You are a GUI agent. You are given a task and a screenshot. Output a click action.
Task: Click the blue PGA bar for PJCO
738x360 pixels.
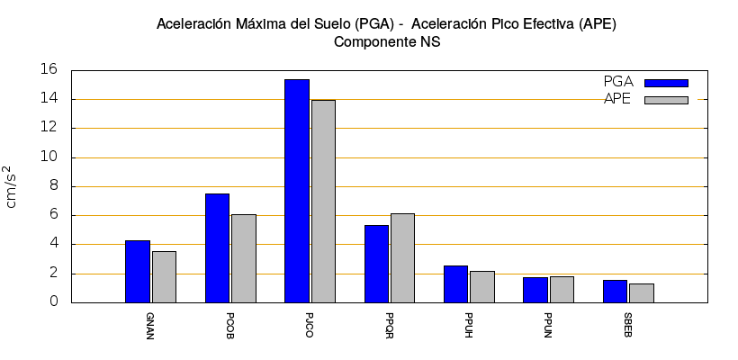tap(297, 191)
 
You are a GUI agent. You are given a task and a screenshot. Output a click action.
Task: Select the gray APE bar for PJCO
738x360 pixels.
tap(323, 202)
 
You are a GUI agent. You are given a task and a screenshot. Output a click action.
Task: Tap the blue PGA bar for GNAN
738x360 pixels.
tap(138, 271)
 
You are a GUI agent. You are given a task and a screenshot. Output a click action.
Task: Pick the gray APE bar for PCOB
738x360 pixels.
tap(244, 258)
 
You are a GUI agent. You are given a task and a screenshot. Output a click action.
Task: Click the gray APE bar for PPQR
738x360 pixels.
tap(402, 257)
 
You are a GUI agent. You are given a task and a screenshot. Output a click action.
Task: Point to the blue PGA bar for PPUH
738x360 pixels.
tap(455, 283)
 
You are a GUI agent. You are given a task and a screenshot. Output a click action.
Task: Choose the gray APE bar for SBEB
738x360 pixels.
tap(641, 292)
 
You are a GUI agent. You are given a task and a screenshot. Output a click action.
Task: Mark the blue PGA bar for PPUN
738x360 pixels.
tap(535, 290)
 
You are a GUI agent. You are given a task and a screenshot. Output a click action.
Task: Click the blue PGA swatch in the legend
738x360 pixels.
tap(666, 83)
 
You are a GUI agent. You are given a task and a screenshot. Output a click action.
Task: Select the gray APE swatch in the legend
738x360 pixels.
tap(666, 100)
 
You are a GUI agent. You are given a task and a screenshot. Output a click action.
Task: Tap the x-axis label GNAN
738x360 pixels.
tap(149, 321)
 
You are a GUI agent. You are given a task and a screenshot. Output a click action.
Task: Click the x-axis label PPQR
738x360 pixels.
tap(388, 321)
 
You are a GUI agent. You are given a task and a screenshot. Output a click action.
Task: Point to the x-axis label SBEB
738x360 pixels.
tap(627, 321)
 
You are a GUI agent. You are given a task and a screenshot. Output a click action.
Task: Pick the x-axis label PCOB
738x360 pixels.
tap(229, 321)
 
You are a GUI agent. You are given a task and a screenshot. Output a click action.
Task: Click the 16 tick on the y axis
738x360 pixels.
tap(50, 70)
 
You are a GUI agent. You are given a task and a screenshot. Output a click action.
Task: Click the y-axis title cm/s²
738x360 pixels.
tap(11, 186)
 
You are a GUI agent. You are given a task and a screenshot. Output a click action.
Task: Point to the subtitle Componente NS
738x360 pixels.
tap(387, 42)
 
